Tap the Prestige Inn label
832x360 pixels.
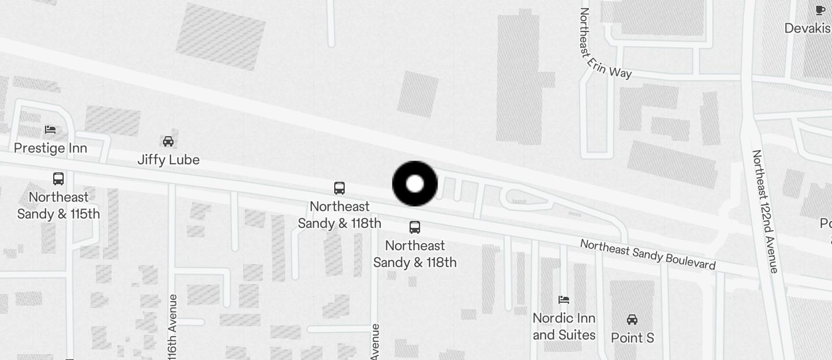[x=50, y=148]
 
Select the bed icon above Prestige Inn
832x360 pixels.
[x=50, y=129]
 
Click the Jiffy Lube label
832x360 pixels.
[x=168, y=160]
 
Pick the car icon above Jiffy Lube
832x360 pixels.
[x=168, y=141]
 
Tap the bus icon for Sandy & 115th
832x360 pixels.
[x=58, y=179]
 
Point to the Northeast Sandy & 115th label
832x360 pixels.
[x=58, y=205]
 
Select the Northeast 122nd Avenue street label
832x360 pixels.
[x=765, y=212]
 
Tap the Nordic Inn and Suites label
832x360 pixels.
[x=564, y=327]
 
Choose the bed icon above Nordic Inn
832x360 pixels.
[x=564, y=300]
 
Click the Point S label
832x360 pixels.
[x=632, y=338]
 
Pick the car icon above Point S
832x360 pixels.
[x=632, y=320]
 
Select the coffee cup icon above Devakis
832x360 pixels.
[x=820, y=10]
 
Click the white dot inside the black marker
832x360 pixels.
[x=415, y=184]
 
